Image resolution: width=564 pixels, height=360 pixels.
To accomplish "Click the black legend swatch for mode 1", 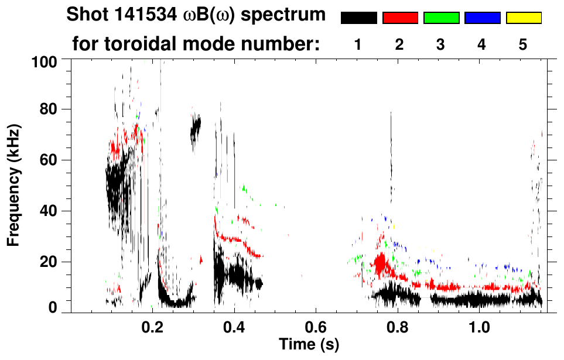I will (x=358, y=18).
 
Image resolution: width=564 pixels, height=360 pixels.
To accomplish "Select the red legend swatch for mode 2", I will (x=400, y=18).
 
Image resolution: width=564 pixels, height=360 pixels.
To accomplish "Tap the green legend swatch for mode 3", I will (x=441, y=18).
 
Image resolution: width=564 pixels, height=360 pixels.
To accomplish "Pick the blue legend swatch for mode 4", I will (x=482, y=18).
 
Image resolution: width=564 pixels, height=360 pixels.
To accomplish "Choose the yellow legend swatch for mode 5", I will (x=523, y=18).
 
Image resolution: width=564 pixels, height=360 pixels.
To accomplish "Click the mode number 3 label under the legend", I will (x=440, y=44).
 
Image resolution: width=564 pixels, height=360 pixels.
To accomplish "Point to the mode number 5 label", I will (x=523, y=44).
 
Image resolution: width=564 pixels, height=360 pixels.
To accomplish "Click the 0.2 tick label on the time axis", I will (x=153, y=326).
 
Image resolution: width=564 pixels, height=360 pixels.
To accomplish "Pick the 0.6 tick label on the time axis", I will (x=316, y=326).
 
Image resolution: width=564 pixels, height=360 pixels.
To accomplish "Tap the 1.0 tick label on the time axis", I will (x=480, y=326).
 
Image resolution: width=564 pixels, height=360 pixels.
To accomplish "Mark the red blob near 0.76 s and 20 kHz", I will (x=382, y=263).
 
